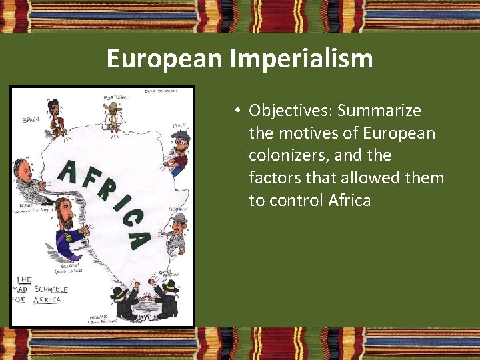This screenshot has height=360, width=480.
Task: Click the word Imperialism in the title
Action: [x=301, y=59]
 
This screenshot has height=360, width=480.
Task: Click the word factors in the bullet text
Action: [x=274, y=178]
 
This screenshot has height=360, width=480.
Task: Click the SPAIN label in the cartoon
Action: [x=30, y=120]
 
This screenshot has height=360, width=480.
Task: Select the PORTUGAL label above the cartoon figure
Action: [x=115, y=98]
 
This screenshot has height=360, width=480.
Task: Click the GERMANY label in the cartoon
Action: [x=178, y=209]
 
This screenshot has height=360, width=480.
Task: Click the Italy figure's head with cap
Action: [x=180, y=139]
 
